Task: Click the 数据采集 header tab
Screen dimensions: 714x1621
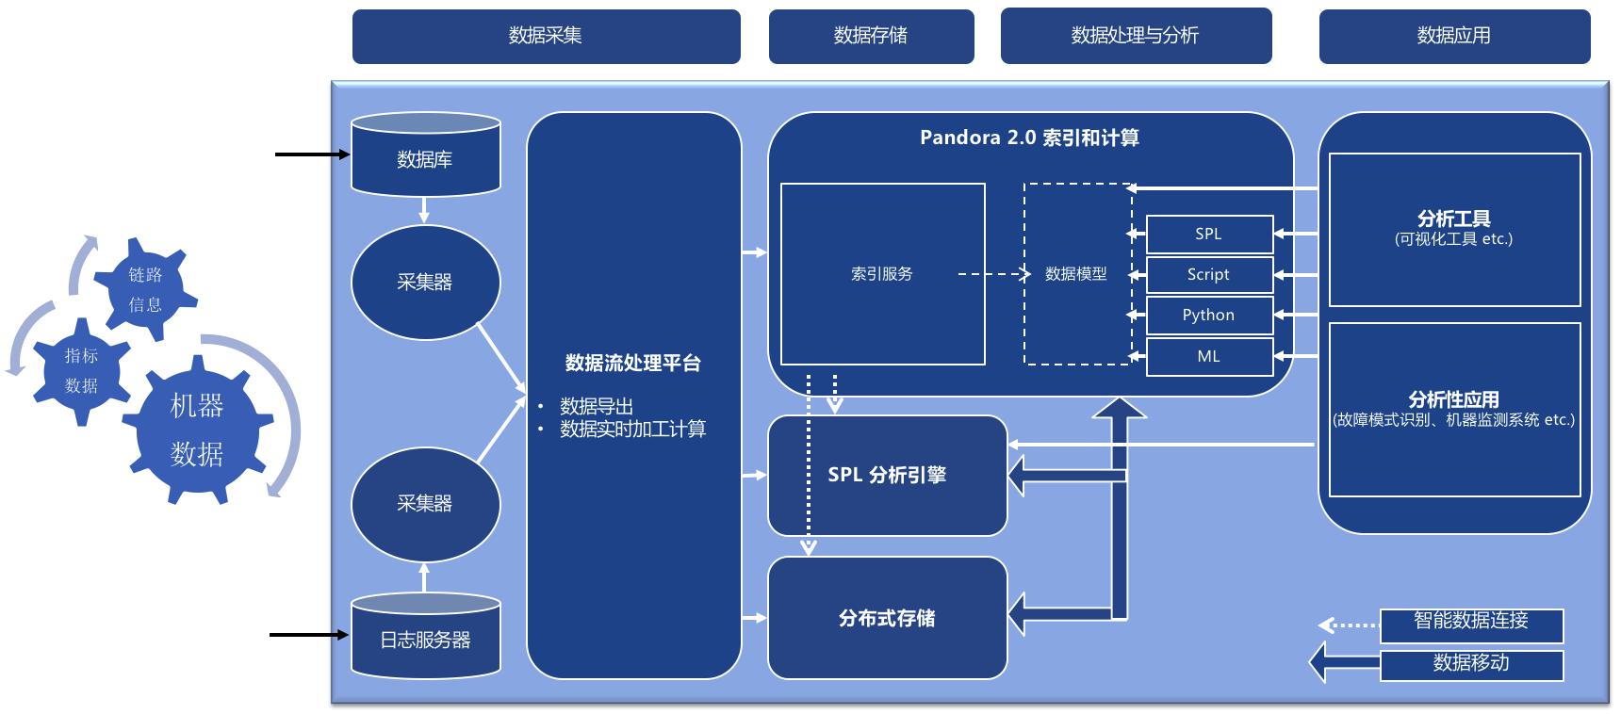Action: click(x=546, y=36)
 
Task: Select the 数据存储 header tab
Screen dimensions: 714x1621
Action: click(x=871, y=36)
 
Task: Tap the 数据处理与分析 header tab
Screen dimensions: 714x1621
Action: click(x=1136, y=36)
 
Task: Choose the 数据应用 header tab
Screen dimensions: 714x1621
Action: click(x=1454, y=36)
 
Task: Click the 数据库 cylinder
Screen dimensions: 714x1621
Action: click(x=425, y=158)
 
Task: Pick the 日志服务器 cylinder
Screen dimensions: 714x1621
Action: click(x=425, y=639)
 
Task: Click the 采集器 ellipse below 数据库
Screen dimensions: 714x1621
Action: click(x=425, y=282)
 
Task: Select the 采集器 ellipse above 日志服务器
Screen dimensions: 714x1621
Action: click(x=425, y=503)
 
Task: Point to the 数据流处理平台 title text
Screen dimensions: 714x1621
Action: click(x=633, y=364)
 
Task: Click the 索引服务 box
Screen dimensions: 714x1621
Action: click(x=882, y=274)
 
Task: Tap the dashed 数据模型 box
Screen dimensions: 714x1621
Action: click(x=1076, y=274)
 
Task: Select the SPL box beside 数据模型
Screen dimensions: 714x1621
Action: click(x=1208, y=234)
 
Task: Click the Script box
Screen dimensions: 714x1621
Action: click(x=1208, y=274)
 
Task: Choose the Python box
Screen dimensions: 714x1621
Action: click(x=1208, y=315)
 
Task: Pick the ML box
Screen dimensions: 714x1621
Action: click(x=1208, y=356)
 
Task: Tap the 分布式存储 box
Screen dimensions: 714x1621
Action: click(x=887, y=618)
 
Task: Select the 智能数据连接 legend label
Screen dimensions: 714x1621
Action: click(x=1470, y=622)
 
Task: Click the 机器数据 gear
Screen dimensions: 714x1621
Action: click(x=197, y=430)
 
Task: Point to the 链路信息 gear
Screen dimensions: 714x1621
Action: click(x=146, y=288)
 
